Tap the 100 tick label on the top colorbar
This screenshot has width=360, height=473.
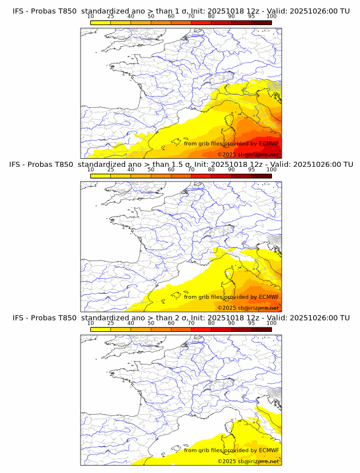(x=271, y=16)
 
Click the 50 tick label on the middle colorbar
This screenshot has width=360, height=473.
(x=151, y=170)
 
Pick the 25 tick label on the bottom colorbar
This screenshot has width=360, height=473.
(x=111, y=323)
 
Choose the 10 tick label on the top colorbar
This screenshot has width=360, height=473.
(x=91, y=16)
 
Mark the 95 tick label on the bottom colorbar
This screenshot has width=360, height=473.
(x=251, y=323)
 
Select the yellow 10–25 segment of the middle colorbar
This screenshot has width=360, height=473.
(x=101, y=175)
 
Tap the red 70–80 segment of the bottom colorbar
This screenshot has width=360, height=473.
(x=201, y=329)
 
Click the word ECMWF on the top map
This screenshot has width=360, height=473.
(x=269, y=143)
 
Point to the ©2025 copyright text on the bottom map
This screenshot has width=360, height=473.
(x=227, y=461)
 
